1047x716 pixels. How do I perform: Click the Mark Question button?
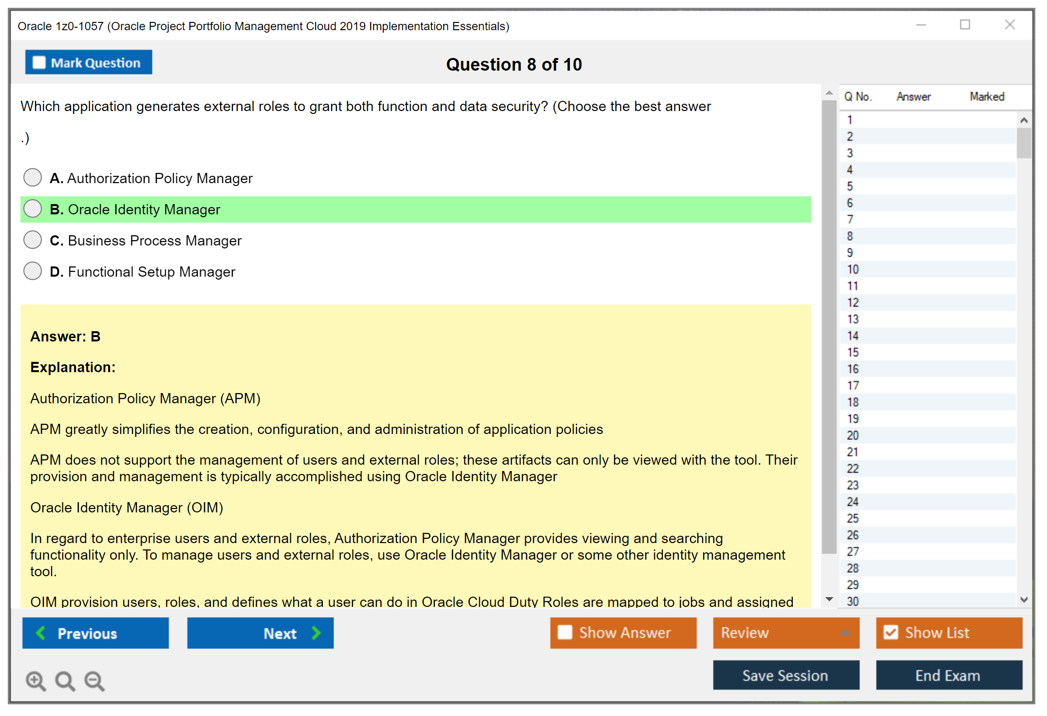click(89, 62)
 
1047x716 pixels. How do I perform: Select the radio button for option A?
click(33, 177)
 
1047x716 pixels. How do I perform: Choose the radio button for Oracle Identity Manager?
click(33, 208)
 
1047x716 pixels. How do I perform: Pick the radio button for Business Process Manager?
click(33, 240)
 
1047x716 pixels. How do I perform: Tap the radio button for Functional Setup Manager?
click(33, 271)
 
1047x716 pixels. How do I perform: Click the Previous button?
click(95, 633)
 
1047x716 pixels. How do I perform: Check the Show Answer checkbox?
click(565, 632)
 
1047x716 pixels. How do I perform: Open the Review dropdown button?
click(785, 633)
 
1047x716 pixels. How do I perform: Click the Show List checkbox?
click(891, 632)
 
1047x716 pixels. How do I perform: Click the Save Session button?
click(785, 675)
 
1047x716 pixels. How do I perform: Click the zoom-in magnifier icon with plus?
click(36, 680)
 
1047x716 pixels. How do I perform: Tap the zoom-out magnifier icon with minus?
click(94, 680)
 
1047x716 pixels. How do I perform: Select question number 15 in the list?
click(853, 352)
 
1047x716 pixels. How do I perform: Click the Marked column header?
click(987, 96)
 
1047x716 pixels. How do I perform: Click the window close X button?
click(1010, 25)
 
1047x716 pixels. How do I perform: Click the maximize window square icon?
click(965, 25)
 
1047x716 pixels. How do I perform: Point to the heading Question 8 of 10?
click(514, 64)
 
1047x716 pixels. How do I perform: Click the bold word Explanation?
click(73, 367)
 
